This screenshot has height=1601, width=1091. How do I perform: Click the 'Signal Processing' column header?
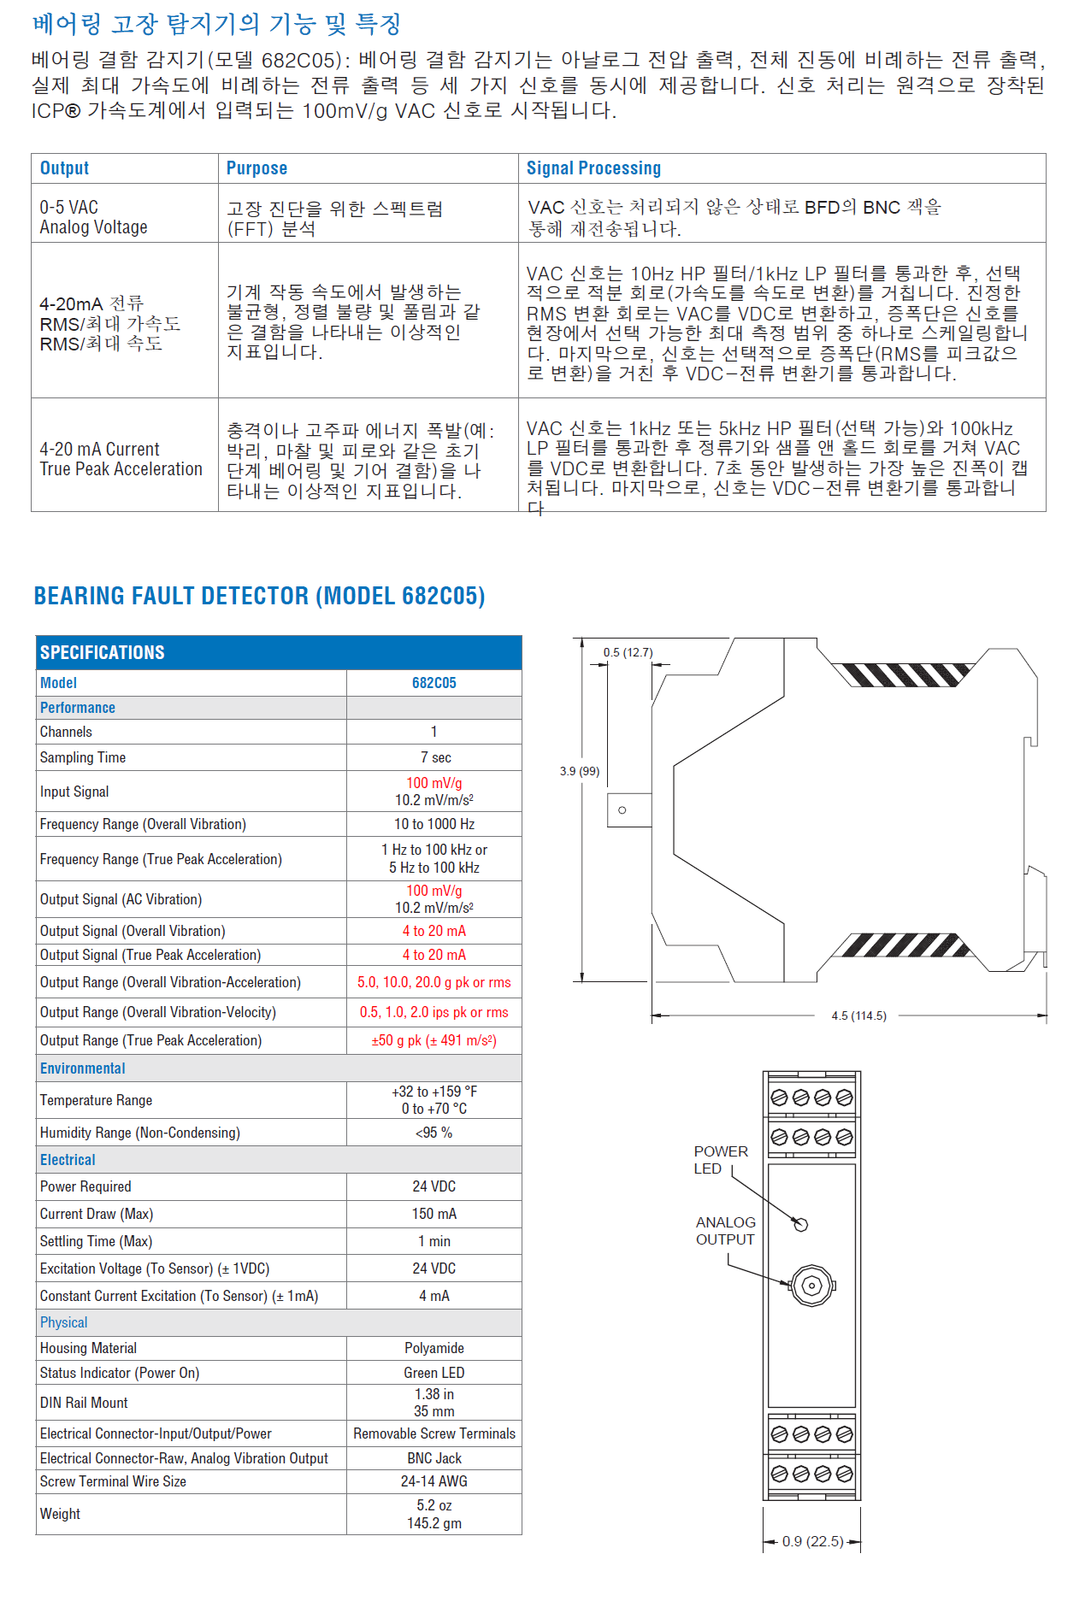click(x=593, y=168)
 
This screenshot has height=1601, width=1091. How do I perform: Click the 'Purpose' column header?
click(x=257, y=168)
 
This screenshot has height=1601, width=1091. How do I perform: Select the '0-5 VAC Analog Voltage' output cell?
click(x=93, y=217)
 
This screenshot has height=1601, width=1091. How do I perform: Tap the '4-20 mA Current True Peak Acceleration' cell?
click(x=121, y=459)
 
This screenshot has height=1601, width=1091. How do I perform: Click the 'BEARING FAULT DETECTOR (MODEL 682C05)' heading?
click(x=259, y=596)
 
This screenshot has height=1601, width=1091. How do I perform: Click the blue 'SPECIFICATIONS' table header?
click(x=103, y=652)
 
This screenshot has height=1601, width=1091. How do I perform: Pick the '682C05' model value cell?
click(x=433, y=683)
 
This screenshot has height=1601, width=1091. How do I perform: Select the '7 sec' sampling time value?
click(x=435, y=757)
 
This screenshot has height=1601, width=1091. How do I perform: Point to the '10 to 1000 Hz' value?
click(x=434, y=824)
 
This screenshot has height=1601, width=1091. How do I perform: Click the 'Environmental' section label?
click(x=82, y=1068)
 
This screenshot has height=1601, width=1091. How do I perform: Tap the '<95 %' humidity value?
click(x=433, y=1133)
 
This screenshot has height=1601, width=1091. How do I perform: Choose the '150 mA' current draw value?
click(x=434, y=1214)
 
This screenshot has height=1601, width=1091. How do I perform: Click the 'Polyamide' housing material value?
click(x=434, y=1348)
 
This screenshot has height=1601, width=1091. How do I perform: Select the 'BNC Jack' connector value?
click(x=434, y=1458)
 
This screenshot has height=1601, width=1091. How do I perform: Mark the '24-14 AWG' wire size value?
click(x=434, y=1481)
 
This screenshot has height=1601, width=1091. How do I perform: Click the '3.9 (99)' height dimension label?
click(x=580, y=771)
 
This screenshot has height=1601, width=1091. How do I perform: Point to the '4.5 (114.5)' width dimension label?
click(x=858, y=1015)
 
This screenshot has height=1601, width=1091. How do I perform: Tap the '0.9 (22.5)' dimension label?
click(x=812, y=1541)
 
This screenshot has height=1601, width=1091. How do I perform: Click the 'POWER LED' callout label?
click(x=720, y=1160)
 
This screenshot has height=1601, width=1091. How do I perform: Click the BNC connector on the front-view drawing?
click(x=812, y=1286)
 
